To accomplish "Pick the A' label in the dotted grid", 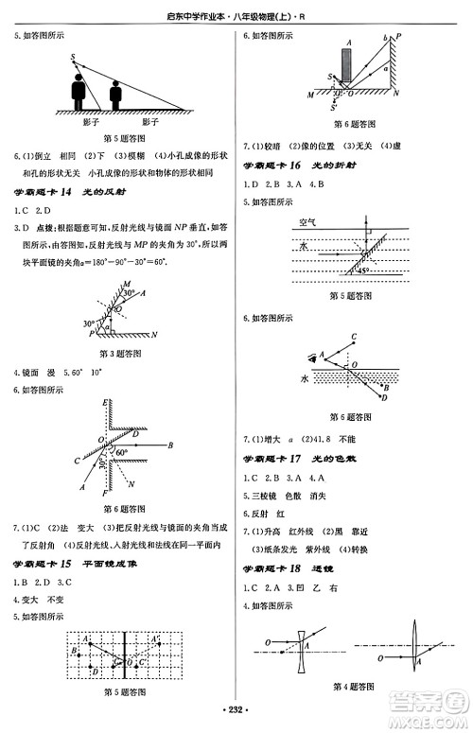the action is [86, 638].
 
